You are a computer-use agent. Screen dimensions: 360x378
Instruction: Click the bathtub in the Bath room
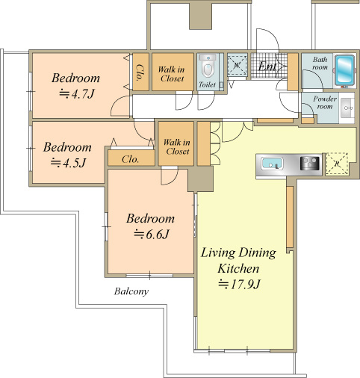[345, 70]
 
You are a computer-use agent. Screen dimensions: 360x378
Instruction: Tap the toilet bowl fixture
[208, 66]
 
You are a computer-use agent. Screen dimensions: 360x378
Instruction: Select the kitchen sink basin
[272, 164]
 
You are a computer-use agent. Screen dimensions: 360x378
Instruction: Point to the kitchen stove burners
[309, 164]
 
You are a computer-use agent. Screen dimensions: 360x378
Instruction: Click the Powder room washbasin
[347, 108]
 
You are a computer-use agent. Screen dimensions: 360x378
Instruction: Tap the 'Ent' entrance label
[267, 66]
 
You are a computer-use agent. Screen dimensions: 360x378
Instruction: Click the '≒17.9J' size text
[239, 284]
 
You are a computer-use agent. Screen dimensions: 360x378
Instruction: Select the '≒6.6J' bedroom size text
[152, 234]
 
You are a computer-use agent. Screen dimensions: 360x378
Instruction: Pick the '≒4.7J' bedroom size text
[77, 94]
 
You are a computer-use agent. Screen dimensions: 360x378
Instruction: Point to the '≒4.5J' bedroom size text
[68, 163]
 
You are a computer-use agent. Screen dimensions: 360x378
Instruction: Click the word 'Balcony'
[131, 291]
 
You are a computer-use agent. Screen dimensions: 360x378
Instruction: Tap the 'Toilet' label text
[207, 84]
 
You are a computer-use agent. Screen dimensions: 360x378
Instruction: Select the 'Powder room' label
[325, 102]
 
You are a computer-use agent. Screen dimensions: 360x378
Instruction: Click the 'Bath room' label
[320, 63]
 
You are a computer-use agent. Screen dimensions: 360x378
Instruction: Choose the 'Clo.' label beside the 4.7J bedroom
[140, 72]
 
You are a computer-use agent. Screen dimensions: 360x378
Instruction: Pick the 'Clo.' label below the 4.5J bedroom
[130, 159]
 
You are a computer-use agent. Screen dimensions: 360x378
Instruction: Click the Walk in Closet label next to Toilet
[172, 74]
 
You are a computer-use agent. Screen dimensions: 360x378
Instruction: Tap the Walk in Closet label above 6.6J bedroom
[177, 146]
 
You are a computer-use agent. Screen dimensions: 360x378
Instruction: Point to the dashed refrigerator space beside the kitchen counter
[337, 164]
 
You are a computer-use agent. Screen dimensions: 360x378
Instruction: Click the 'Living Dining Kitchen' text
[238, 260]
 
